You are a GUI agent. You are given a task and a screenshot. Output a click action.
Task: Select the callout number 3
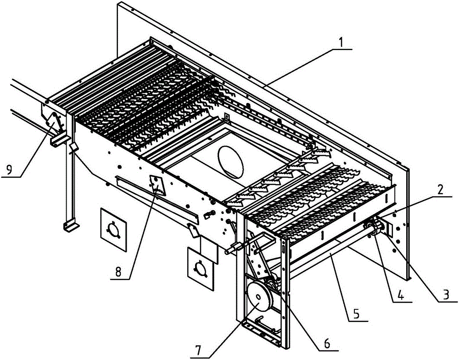click(x=445, y=294)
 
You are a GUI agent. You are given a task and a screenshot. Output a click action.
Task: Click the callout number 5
click(x=356, y=315)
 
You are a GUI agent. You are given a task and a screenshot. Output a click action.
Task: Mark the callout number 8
click(x=118, y=272)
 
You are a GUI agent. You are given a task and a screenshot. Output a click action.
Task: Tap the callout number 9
click(x=9, y=170)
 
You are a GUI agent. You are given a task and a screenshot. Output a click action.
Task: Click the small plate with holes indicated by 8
click(x=157, y=186)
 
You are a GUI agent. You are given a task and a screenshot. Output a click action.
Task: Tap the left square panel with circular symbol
click(x=113, y=229)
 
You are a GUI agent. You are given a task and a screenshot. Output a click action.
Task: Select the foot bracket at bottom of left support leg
click(x=70, y=226)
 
